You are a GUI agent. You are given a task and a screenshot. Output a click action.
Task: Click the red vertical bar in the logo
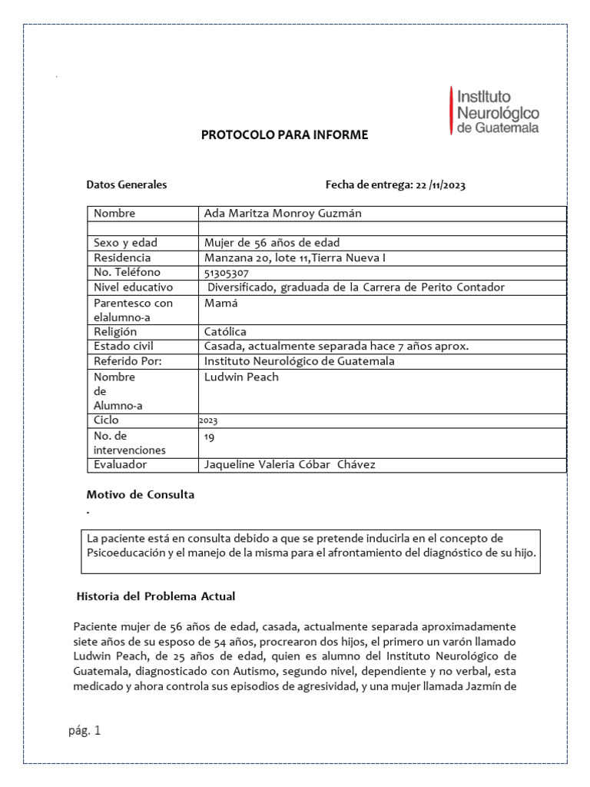(451, 111)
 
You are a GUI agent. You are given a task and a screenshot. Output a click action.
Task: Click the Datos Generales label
(126, 184)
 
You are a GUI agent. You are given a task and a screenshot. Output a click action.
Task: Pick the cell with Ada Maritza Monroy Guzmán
(282, 213)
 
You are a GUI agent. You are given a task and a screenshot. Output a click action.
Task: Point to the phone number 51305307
(227, 272)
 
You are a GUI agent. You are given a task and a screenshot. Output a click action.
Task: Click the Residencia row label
(122, 257)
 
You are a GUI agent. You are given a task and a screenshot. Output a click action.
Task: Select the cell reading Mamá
(220, 303)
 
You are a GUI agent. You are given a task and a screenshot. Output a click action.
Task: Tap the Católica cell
(225, 331)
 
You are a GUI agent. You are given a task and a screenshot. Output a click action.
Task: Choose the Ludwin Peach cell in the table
(241, 377)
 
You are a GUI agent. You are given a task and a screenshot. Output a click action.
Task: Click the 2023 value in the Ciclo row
(208, 421)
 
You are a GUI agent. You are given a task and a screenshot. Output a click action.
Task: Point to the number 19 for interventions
(210, 437)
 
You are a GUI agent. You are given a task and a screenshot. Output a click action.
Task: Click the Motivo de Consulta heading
(140, 494)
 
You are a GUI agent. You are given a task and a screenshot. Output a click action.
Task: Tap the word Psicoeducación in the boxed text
(128, 553)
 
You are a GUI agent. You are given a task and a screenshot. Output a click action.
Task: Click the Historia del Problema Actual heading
(156, 596)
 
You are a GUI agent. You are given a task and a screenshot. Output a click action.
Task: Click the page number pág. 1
(84, 731)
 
